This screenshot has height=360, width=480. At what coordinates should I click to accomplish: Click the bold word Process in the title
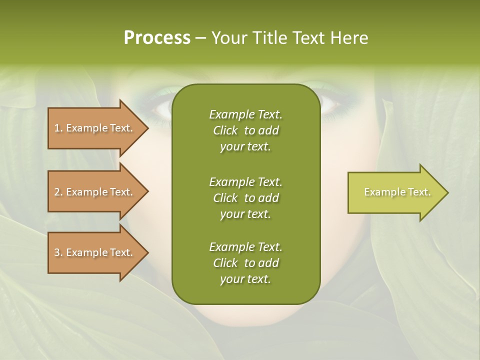(157, 38)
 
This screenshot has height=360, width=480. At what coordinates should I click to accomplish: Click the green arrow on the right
(395, 192)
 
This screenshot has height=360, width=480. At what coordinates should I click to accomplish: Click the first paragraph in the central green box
(245, 130)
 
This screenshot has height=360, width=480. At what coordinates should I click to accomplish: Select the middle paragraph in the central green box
(245, 197)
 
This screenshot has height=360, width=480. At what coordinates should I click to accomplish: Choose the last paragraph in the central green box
(245, 263)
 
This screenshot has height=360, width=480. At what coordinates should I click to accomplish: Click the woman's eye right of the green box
(329, 102)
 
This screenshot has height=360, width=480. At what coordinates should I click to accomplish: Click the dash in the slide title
(200, 38)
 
